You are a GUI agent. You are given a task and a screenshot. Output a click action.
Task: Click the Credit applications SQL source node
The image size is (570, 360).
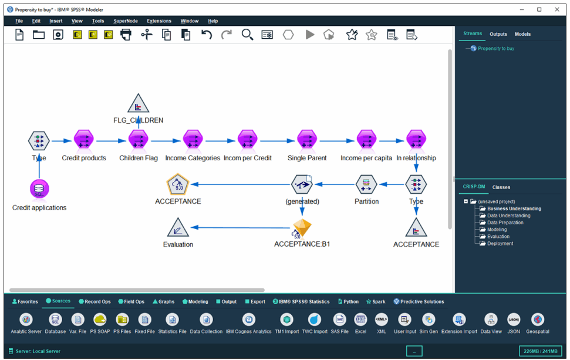pyautogui.click(x=39, y=189)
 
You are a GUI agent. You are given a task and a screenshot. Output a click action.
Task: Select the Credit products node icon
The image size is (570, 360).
pyautogui.click(x=83, y=140)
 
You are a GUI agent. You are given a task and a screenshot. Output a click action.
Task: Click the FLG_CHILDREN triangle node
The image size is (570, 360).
pyautogui.click(x=138, y=103)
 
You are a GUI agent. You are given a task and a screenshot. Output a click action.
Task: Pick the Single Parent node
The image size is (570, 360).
pyautogui.click(x=307, y=140)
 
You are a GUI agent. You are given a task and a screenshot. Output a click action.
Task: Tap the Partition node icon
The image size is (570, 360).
pyautogui.click(x=366, y=184)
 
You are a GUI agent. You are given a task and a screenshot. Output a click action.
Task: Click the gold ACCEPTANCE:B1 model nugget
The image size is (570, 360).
pyautogui.click(x=302, y=228)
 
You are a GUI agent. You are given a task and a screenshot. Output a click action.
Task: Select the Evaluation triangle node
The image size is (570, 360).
pyautogui.click(x=178, y=228)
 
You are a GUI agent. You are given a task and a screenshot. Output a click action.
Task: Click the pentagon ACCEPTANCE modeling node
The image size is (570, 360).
pyautogui.click(x=178, y=184)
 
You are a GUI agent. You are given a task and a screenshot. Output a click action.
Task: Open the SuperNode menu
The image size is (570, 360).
pyautogui.click(x=126, y=21)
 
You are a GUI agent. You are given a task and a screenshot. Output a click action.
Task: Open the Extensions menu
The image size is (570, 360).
pyautogui.click(x=159, y=21)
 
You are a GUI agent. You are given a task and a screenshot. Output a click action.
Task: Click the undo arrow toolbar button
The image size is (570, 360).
pyautogui.click(x=207, y=35)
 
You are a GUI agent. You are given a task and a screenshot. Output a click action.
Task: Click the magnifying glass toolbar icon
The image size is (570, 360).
pyautogui.click(x=247, y=35)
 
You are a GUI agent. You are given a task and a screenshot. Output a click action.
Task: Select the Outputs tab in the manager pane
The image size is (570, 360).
pyautogui.click(x=498, y=34)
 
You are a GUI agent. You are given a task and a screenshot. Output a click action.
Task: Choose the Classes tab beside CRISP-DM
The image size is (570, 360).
pyautogui.click(x=501, y=187)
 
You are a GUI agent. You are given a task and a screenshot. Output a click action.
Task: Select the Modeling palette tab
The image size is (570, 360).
pyautogui.click(x=195, y=301)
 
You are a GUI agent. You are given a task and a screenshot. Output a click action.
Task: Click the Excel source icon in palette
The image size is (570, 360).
pyautogui.click(x=360, y=319)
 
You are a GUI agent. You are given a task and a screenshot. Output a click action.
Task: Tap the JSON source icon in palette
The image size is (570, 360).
pyautogui.click(x=514, y=319)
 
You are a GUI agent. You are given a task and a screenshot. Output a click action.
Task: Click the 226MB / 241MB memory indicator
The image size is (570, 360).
pyautogui.click(x=540, y=351)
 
